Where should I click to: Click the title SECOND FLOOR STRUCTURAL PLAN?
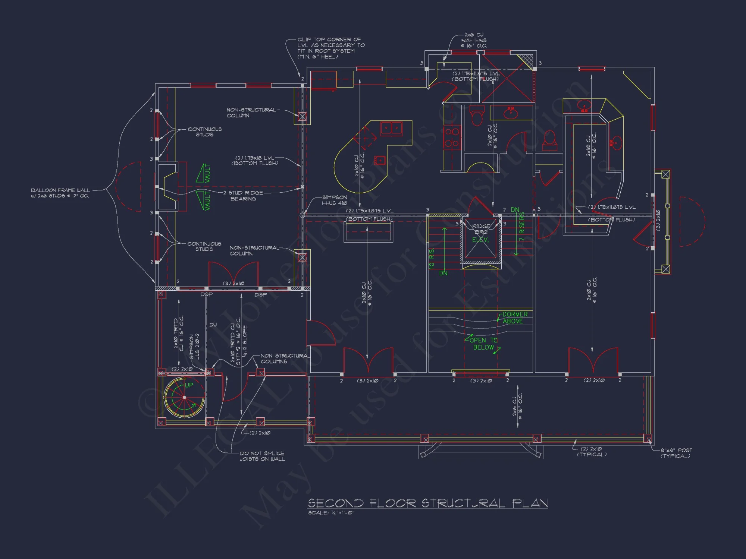427,503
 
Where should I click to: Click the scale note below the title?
331,513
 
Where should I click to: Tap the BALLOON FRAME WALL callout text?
60,193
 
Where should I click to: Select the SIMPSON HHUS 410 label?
334,200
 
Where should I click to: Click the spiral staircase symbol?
184,397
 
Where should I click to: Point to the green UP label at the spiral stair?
189,385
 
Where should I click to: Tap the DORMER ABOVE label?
514,318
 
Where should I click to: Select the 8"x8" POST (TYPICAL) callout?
676,453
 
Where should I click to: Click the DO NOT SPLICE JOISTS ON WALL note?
262,456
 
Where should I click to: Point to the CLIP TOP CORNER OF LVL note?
330,48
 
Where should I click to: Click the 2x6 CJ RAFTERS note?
474,40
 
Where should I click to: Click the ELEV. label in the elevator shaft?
480,240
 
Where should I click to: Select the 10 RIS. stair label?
432,259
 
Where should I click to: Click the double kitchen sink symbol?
391,129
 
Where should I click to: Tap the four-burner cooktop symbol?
452,138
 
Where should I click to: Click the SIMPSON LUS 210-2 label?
194,347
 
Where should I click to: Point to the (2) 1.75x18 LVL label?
255,160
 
